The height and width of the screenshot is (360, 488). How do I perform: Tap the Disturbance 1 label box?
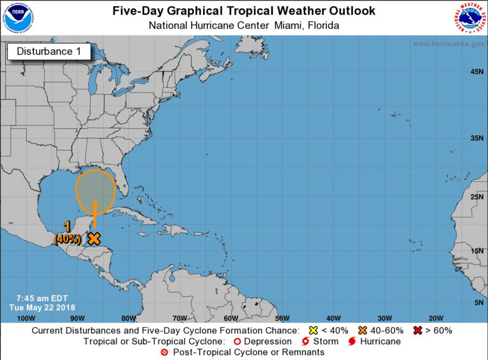(48, 51)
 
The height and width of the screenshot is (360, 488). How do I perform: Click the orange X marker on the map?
(93, 239)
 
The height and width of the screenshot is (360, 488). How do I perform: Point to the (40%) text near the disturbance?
(66, 239)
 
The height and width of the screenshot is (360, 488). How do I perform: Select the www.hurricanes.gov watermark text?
(448, 45)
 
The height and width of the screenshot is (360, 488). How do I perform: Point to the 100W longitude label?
(25, 318)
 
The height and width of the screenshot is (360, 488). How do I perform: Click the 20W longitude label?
(436, 318)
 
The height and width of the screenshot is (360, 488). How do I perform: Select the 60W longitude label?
(230, 318)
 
